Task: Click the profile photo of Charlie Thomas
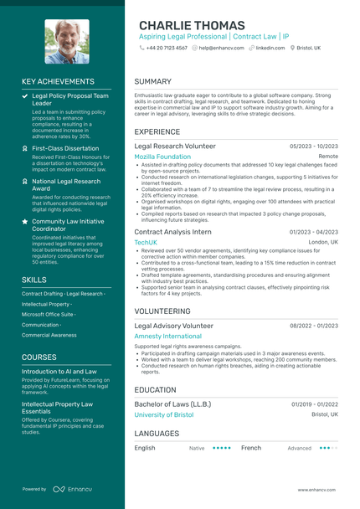[x=66, y=42]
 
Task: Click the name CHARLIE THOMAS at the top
[x=192, y=25]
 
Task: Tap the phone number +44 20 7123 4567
[x=167, y=49]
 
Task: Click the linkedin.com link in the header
[x=270, y=49]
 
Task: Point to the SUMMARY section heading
[x=152, y=82]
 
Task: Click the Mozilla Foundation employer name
[x=162, y=157]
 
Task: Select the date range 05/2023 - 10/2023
[x=314, y=146]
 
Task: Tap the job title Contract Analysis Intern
[x=172, y=231]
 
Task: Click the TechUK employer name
[x=146, y=242]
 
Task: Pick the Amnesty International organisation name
[x=167, y=336]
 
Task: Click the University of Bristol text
[x=163, y=414]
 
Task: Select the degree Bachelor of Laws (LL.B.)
[x=172, y=404]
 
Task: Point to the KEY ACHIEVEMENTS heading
[x=58, y=82]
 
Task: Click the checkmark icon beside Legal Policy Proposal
[x=25, y=97]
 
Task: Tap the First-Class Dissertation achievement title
[x=64, y=147]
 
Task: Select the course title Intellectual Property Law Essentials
[x=57, y=407]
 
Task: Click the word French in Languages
[x=251, y=448]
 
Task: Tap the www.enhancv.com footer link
[x=316, y=489]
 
